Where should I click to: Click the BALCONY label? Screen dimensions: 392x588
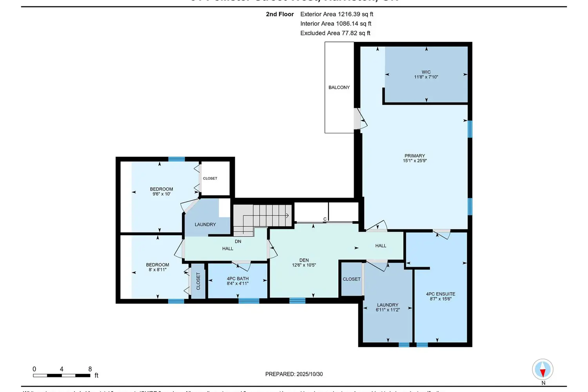[x=339, y=87]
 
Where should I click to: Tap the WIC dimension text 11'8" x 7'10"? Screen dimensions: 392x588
[x=426, y=77]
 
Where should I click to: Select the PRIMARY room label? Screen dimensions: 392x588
[x=415, y=156]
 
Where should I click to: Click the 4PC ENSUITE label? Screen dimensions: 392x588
[x=441, y=294]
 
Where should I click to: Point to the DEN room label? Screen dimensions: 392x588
[x=304, y=260]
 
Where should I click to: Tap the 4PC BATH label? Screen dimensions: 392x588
[x=238, y=279]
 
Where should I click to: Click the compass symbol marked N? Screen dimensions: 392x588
[x=543, y=369]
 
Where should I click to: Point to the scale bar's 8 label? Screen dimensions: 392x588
[x=90, y=369]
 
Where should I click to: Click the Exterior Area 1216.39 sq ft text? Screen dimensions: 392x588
[x=337, y=14]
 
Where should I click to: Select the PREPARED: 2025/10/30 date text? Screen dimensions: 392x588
[x=294, y=374]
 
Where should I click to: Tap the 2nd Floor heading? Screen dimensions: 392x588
[x=280, y=14]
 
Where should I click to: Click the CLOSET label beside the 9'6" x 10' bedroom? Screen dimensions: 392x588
[x=210, y=178]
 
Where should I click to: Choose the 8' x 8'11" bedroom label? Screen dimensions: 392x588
[x=158, y=267]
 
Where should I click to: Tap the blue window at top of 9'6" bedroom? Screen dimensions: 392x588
[x=176, y=159]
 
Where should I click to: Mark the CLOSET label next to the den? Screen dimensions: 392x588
[x=351, y=279]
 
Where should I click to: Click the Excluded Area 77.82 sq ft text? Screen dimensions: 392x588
[x=335, y=33]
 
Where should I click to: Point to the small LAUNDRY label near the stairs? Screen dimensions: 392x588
[x=205, y=225]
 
